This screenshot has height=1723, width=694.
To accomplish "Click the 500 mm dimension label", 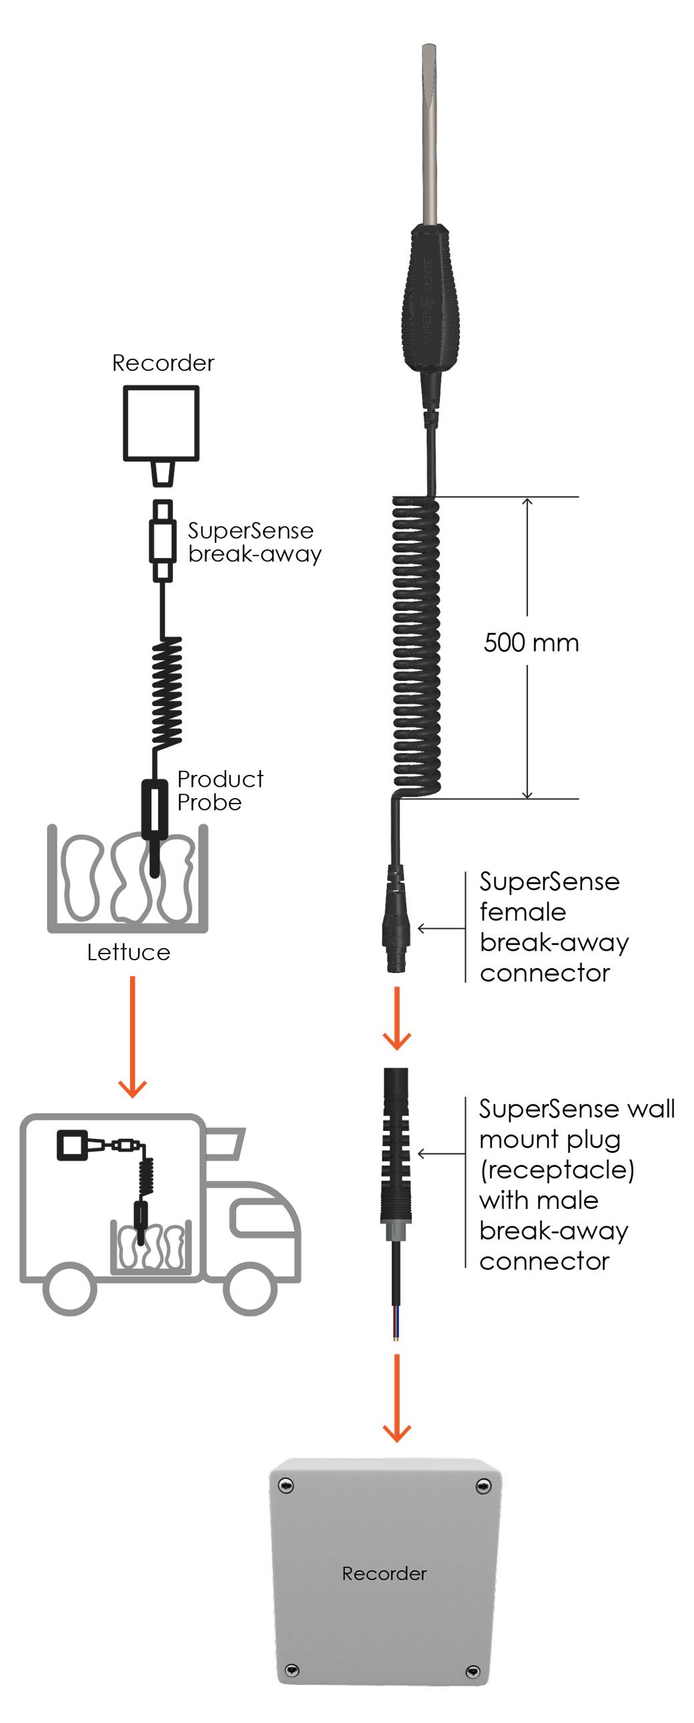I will click(x=531, y=643).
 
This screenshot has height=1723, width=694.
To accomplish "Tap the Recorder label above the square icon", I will click(x=163, y=363).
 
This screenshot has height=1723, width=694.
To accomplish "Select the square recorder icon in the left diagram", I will click(x=161, y=423).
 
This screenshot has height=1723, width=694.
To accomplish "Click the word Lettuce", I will click(x=129, y=952).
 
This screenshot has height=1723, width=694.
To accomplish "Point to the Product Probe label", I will click(x=220, y=791).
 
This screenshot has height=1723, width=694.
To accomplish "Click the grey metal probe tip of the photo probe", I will click(x=429, y=134).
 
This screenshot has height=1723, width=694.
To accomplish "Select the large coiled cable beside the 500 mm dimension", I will click(x=416, y=646).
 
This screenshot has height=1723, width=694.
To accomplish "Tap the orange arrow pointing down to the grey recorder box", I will click(x=397, y=1398).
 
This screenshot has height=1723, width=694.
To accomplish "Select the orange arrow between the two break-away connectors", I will click(x=397, y=1018).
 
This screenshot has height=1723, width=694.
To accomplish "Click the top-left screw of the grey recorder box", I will click(x=286, y=1486).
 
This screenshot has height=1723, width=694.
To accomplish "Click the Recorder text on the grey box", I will click(x=384, y=1573).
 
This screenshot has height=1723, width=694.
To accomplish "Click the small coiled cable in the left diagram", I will click(x=167, y=692).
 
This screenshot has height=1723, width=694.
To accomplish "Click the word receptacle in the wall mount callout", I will click(x=557, y=1170).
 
